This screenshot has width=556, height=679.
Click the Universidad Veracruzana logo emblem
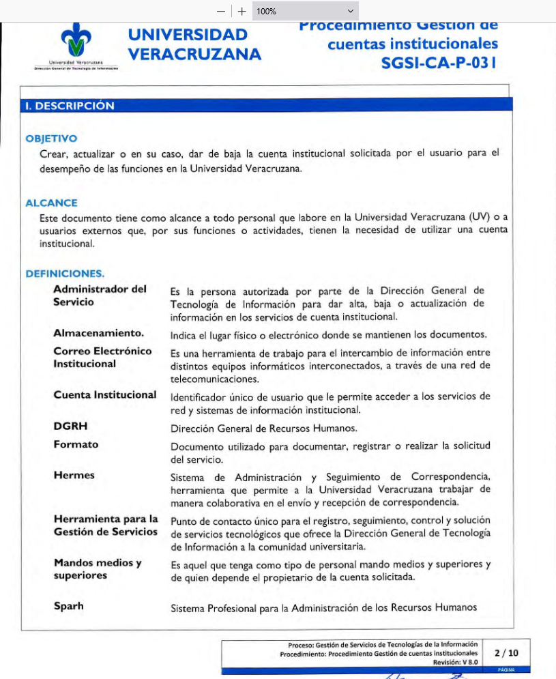point(76,42)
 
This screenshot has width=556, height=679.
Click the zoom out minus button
point(220,12)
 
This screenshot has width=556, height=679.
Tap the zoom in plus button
point(242,12)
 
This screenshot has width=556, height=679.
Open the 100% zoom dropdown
point(304,12)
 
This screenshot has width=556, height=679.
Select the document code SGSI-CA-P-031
point(439,63)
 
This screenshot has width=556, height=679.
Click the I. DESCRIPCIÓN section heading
point(70,106)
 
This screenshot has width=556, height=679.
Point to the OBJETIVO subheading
point(51,139)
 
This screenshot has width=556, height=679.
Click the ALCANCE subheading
point(51,203)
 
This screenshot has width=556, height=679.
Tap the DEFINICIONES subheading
point(65,274)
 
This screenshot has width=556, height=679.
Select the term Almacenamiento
point(99,333)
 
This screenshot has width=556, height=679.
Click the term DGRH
point(70,426)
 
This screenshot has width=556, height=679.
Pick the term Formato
point(76,444)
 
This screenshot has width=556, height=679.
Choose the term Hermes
point(74,475)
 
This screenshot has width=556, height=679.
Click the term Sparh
point(68,606)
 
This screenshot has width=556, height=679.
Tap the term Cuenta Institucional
point(105,394)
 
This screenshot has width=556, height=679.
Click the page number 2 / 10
point(506,653)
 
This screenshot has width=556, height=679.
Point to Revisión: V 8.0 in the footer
point(455,662)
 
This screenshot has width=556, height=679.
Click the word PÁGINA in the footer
point(506,670)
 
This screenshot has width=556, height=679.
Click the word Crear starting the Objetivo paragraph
point(53,153)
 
